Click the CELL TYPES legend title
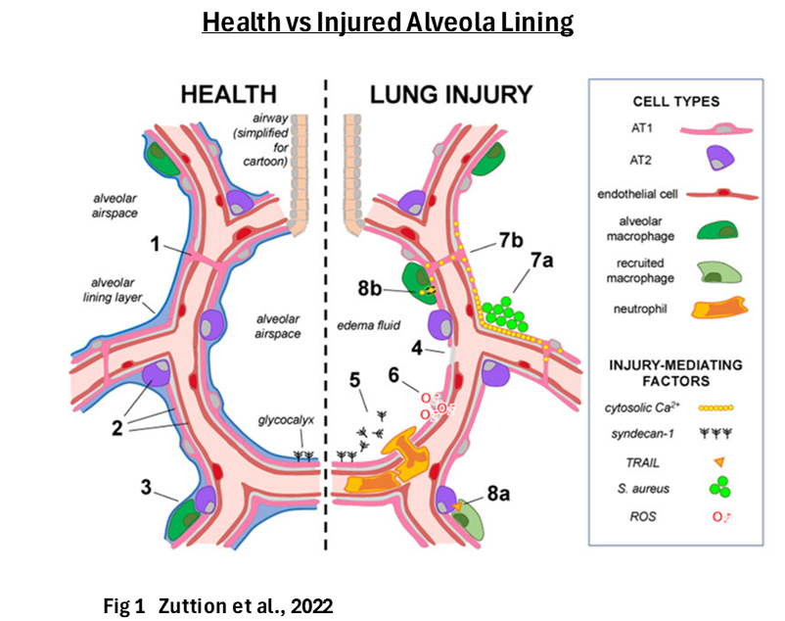(x=675, y=102)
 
